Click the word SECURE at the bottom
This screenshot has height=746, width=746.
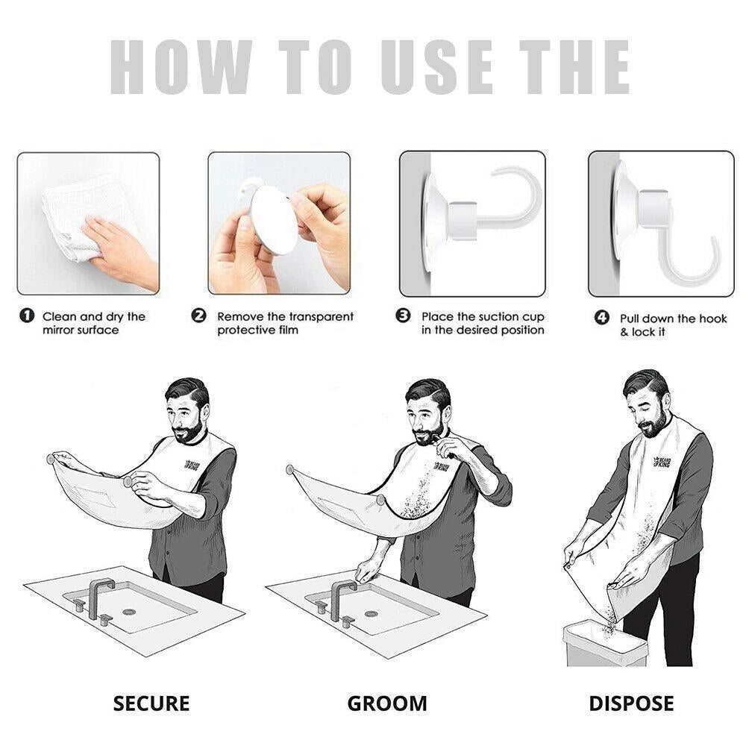pyautogui.click(x=151, y=703)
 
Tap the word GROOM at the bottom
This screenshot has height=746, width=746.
pyautogui.click(x=387, y=703)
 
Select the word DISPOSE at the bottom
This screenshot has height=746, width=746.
pyautogui.click(x=631, y=703)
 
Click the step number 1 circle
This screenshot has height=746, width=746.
pyautogui.click(x=26, y=316)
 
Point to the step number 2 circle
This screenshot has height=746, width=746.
pyautogui.click(x=199, y=316)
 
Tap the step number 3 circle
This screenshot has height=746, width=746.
pyautogui.click(x=404, y=316)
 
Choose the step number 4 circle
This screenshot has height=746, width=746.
pyautogui.click(x=601, y=318)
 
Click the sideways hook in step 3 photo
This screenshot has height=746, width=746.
pyautogui.click(x=507, y=205)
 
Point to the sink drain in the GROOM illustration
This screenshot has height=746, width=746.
pyautogui.click(x=371, y=613)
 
